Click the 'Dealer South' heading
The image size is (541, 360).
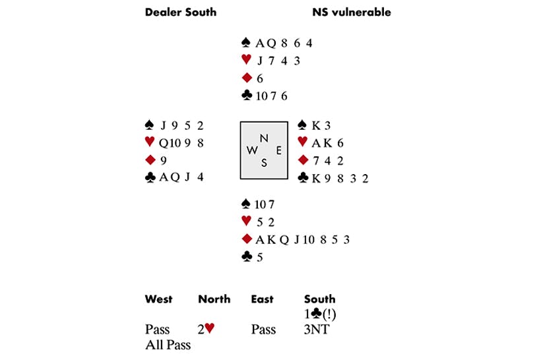(180, 12)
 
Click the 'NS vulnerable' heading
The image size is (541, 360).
(351, 12)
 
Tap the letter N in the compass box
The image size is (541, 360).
(264, 138)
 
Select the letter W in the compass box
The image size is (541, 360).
(252, 150)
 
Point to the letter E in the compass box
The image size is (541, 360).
(278, 150)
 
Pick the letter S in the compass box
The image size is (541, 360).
(264, 163)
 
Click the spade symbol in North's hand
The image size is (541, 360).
(247, 44)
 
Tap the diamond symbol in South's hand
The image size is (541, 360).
(247, 239)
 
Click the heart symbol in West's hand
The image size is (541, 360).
(150, 142)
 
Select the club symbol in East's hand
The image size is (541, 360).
(303, 178)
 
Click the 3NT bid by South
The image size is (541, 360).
(317, 329)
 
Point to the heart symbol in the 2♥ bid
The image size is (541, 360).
(210, 328)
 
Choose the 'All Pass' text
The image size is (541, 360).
(168, 344)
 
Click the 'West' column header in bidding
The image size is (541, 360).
(158, 299)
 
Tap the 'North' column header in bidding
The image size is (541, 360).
(214, 299)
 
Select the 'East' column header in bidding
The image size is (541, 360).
(262, 299)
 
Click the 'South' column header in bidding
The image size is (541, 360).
(319, 299)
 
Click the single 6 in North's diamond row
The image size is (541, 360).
(260, 78)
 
